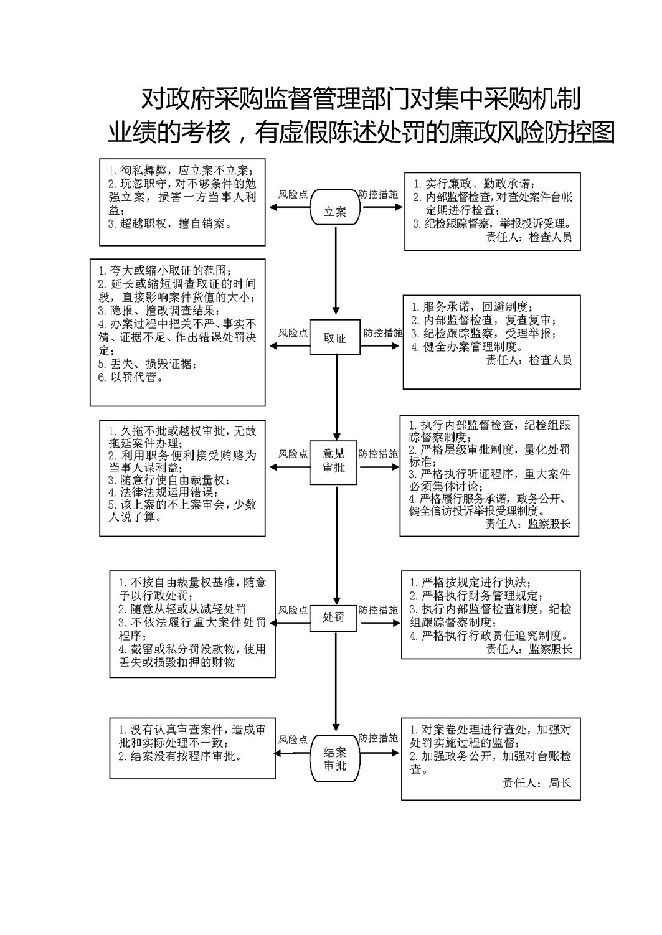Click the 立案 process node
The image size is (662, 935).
tap(334, 207)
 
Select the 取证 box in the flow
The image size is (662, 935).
tap(334, 337)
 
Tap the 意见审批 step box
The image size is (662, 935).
tap(333, 463)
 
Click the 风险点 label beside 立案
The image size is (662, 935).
tap(293, 194)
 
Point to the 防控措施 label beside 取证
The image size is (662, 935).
tap(383, 332)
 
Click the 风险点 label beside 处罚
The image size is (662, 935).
tap(293, 610)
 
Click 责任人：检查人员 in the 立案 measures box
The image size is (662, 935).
tap(529, 237)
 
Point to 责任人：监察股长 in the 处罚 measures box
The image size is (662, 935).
tap(529, 649)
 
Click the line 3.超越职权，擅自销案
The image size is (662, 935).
tap(170, 223)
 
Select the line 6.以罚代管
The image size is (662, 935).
tap(131, 377)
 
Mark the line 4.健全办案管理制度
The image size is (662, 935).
tap(467, 347)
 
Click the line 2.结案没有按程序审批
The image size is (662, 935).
tap(181, 756)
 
